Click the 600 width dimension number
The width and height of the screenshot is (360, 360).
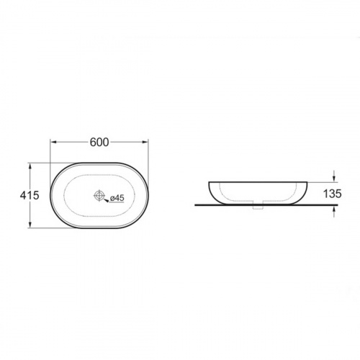pos(99,143)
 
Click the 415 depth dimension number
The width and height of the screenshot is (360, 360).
pos(30,195)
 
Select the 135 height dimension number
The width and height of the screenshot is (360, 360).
pos(333,194)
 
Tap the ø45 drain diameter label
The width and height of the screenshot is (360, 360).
pos(117,198)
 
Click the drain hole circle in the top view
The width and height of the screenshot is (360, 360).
pos(99,195)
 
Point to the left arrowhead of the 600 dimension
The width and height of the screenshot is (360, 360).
pos(53,142)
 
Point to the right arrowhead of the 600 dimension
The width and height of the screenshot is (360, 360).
pos(145,142)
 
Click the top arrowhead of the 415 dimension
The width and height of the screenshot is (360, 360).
pos(30,166)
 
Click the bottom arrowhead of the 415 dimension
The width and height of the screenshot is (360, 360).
pos(30,225)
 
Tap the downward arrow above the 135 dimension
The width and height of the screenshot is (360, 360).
pos(334,176)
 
